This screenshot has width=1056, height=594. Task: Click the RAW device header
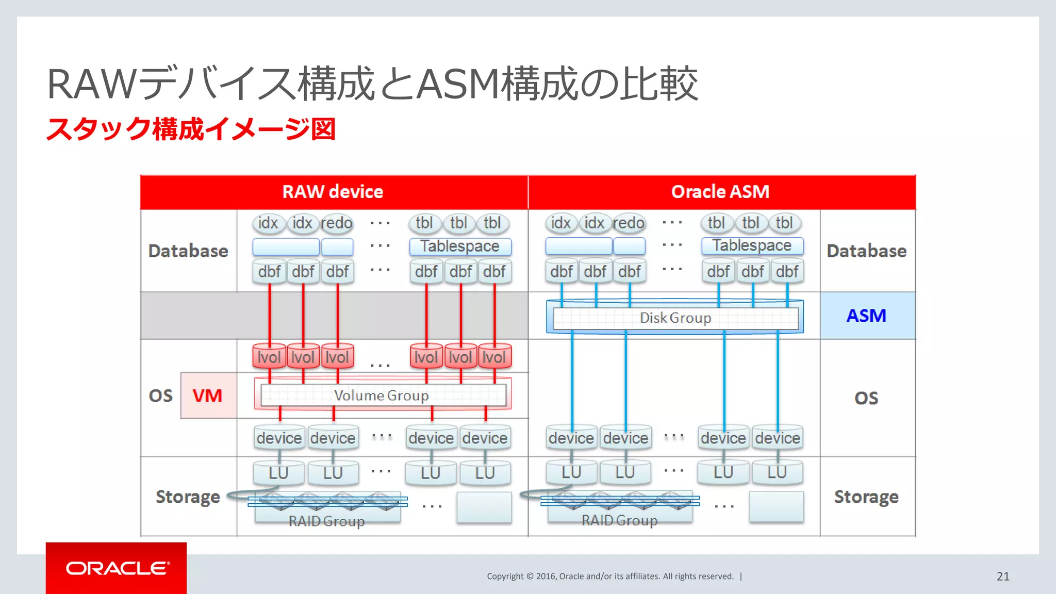333,192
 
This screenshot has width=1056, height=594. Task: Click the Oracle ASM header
720,192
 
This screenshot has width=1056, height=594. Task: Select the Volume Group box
382,395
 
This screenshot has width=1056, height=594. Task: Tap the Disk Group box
675,318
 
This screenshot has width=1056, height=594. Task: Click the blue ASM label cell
867,316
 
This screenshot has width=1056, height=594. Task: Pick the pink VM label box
208,395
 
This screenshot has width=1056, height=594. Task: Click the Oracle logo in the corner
117,568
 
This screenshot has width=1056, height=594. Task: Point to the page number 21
1003,576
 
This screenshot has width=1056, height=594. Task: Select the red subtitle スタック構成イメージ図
191,129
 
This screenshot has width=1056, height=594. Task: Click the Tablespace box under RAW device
460,246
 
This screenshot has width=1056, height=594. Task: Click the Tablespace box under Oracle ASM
752,245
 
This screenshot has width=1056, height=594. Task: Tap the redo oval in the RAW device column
337,223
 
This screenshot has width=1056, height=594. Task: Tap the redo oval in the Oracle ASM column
629,223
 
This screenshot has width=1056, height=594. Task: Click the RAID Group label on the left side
327,521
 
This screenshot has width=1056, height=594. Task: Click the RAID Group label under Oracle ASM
619,520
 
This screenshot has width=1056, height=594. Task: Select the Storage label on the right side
866,497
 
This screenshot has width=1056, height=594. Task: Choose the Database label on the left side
188,251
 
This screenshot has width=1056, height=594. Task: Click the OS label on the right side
866,398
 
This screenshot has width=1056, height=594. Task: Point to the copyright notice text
610,576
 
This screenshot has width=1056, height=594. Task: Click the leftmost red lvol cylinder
269,357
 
